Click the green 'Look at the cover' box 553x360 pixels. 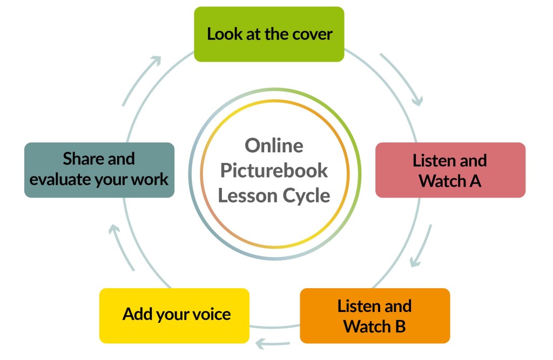pyautogui.click(x=269, y=34)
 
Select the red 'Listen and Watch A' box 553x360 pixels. pyautogui.click(x=450, y=170)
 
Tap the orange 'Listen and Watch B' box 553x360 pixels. pyautogui.click(x=374, y=316)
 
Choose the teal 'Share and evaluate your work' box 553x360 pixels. pyautogui.click(x=99, y=169)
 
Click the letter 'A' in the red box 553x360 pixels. pyautogui.click(x=475, y=181)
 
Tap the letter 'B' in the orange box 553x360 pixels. pyautogui.click(x=400, y=327)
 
